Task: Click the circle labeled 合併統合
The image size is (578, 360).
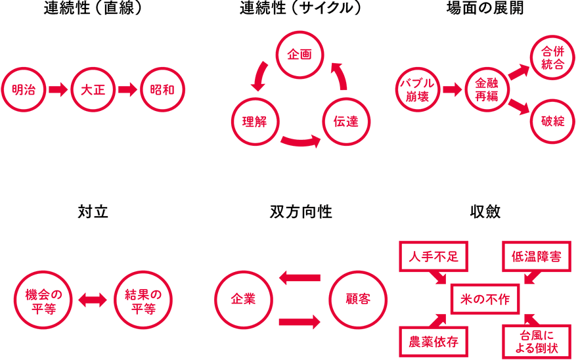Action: (552, 58)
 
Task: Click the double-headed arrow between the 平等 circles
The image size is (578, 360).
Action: (93, 300)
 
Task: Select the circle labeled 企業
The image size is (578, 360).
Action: (242, 300)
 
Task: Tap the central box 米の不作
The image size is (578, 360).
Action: (486, 300)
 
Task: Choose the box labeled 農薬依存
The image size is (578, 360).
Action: (434, 342)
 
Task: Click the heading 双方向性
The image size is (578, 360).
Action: (300, 212)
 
